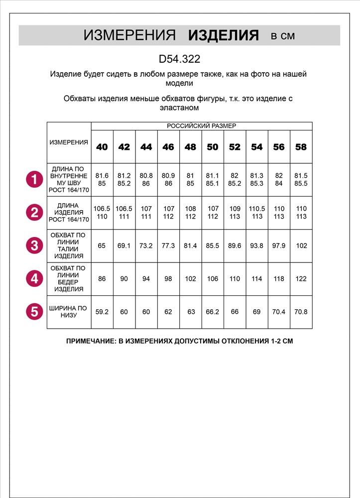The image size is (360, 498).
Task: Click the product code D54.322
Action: pyautogui.click(x=179, y=59)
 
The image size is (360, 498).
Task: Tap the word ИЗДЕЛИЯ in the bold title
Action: pyautogui.click(x=224, y=35)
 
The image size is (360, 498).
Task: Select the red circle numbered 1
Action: pyautogui.click(x=34, y=180)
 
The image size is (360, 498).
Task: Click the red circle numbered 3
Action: pyautogui.click(x=34, y=246)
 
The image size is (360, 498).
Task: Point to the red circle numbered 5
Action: pyautogui.click(x=34, y=312)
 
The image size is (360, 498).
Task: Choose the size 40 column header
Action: pyautogui.click(x=102, y=147)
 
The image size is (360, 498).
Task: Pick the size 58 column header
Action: pyautogui.click(x=301, y=147)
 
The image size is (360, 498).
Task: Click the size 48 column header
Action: pyautogui.click(x=190, y=147)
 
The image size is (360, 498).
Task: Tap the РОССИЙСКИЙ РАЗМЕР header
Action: pyautogui.click(x=201, y=126)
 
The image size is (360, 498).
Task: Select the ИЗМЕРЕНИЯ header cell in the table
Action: pyautogui.click(x=69, y=142)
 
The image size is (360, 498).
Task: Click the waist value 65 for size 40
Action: pyautogui.click(x=102, y=246)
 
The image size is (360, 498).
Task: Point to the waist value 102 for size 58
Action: pyautogui.click(x=301, y=246)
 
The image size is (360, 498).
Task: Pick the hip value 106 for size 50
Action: pyautogui.click(x=213, y=279)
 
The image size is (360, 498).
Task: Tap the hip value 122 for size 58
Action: pyautogui.click(x=301, y=279)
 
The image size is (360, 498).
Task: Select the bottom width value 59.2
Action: pyautogui.click(x=102, y=312)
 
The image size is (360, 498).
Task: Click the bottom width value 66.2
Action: pyautogui.click(x=213, y=312)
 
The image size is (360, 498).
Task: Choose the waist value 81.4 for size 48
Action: pyautogui.click(x=190, y=246)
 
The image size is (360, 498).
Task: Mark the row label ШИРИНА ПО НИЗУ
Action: pyautogui.click(x=69, y=312)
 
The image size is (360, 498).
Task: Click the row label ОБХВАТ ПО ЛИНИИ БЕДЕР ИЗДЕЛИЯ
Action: pyautogui.click(x=69, y=279)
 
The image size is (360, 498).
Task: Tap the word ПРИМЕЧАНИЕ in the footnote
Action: pyautogui.click(x=89, y=343)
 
